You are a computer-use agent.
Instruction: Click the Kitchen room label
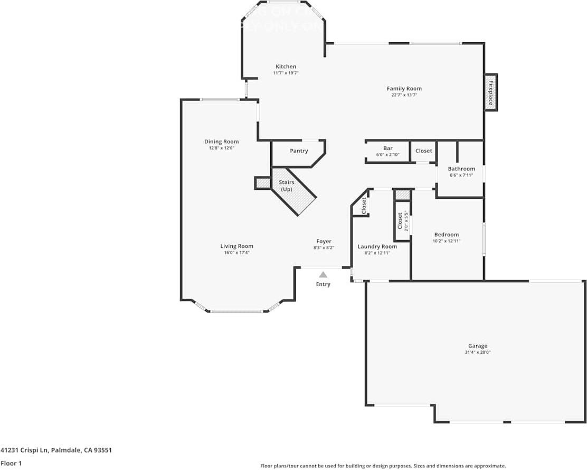click(286, 67)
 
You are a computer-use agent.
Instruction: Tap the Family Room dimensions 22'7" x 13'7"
click(404, 96)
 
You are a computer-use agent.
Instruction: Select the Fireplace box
click(490, 92)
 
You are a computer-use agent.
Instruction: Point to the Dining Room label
click(221, 142)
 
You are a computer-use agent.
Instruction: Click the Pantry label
click(299, 151)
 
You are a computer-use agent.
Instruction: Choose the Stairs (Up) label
click(287, 186)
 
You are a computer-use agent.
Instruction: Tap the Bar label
click(387, 148)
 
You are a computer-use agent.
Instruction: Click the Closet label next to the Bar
click(423, 151)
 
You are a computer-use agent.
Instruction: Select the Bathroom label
click(461, 169)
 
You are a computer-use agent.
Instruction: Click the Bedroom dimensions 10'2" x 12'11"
click(446, 241)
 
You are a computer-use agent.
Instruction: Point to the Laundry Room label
click(377, 246)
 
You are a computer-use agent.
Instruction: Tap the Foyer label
click(324, 241)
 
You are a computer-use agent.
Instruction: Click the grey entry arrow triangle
click(323, 274)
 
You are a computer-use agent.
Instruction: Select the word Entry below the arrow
click(323, 284)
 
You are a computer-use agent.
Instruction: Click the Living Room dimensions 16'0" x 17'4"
click(236, 253)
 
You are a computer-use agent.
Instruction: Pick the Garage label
click(477, 346)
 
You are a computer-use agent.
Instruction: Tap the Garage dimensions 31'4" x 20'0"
click(477, 353)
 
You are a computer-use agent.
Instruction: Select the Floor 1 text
click(11, 463)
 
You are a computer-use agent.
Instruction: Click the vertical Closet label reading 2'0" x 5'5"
click(403, 222)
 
